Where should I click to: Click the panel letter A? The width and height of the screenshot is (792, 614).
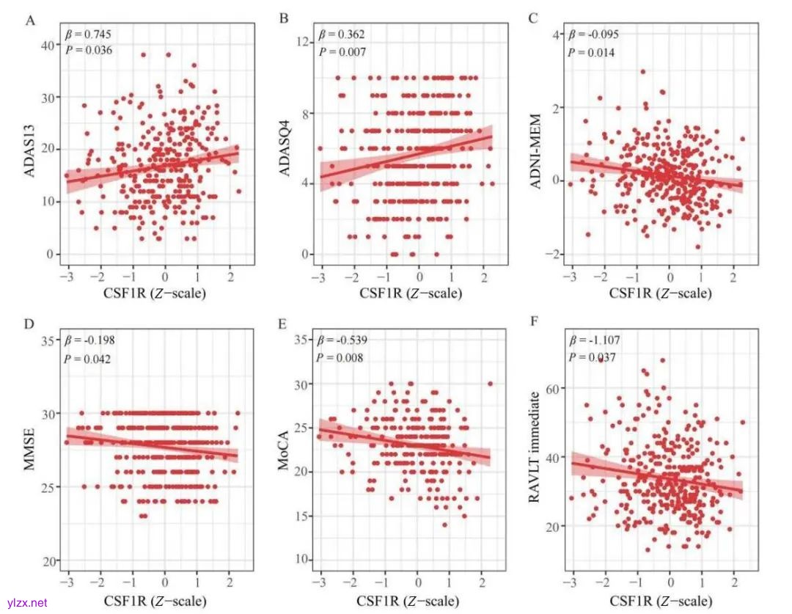coord(31,20)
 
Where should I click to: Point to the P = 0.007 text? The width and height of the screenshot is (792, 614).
coord(342,51)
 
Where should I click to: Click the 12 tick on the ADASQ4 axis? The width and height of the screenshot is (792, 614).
coord(301,44)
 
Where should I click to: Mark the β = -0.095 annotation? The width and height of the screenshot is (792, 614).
coord(594,34)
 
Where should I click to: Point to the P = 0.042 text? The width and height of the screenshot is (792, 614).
coord(92,359)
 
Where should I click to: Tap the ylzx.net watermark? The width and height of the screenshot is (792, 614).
coord(24,602)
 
